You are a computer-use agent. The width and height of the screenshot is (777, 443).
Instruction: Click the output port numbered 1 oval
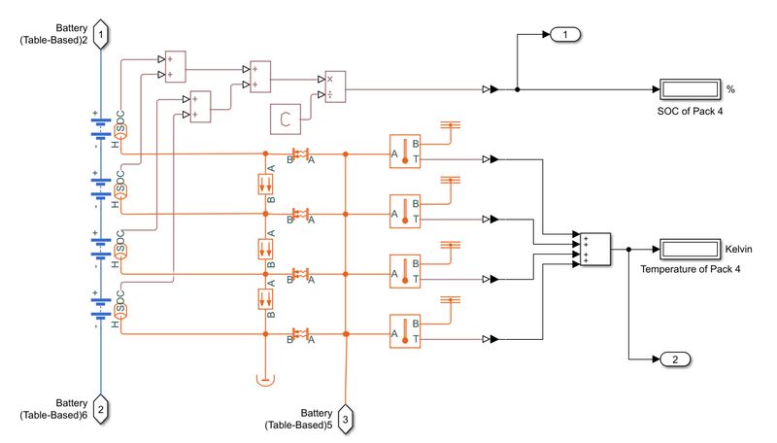[563, 35]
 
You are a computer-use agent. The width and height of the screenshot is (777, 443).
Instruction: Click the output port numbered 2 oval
[675, 359]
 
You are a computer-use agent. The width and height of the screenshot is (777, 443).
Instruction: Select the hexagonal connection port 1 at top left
[101, 35]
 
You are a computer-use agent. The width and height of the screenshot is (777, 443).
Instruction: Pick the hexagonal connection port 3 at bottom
[346, 420]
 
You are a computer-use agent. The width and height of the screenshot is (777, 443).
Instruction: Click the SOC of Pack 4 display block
[689, 89]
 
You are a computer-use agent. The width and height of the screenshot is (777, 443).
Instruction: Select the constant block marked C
[286, 119]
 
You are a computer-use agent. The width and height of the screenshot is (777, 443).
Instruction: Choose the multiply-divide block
[334, 86]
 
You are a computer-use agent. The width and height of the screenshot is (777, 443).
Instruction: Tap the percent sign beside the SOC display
[730, 89]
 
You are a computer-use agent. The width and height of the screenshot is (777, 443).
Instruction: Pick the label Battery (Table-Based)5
[302, 419]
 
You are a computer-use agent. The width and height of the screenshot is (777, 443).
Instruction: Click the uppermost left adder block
[175, 65]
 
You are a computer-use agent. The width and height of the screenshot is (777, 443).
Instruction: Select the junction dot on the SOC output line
[517, 89]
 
